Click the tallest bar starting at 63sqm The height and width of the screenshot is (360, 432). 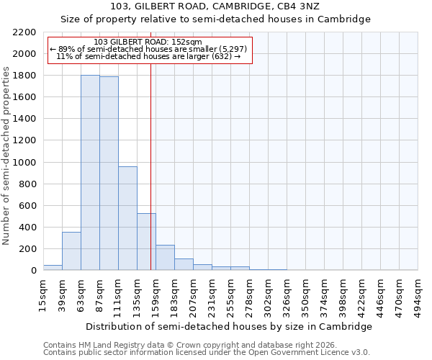tap(90, 173)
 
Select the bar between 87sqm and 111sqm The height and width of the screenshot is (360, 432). tap(109, 174)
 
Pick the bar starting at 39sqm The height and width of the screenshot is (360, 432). tap(71, 251)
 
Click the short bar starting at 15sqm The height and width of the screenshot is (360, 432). tap(53, 267)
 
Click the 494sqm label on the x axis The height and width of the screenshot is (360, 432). tap(418, 292)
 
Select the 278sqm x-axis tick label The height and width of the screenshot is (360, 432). tap(249, 292)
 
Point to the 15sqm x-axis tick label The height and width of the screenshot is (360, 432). tap(43, 291)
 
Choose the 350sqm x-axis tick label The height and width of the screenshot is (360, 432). tap(306, 292)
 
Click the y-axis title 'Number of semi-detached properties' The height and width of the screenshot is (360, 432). tap(7, 156)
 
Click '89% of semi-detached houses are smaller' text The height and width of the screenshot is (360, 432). tap(148, 49)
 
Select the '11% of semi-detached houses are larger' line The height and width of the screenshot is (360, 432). tap(148, 56)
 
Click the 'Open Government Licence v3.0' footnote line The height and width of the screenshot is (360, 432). tap(207, 353)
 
